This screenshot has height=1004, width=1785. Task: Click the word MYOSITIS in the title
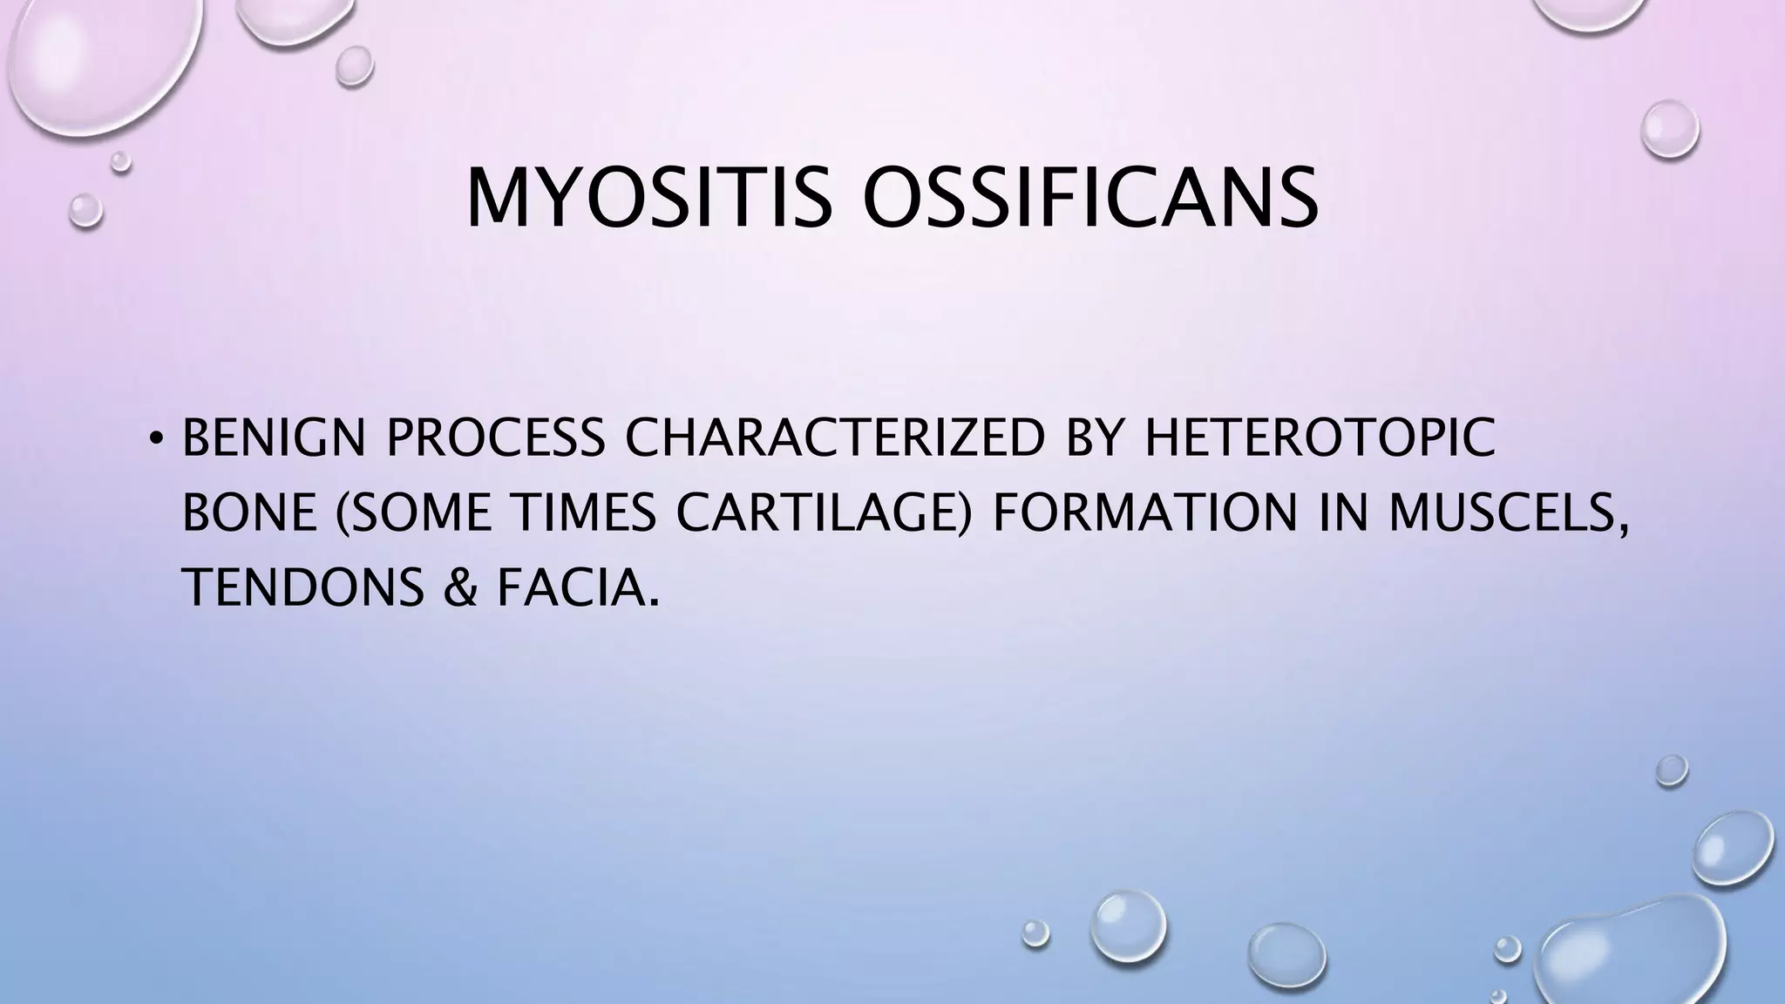pos(647,199)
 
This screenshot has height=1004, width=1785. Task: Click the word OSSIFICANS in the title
pos(1089,199)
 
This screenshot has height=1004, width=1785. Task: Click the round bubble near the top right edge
pos(1670,129)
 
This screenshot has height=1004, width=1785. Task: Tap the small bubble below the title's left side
pos(85,211)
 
